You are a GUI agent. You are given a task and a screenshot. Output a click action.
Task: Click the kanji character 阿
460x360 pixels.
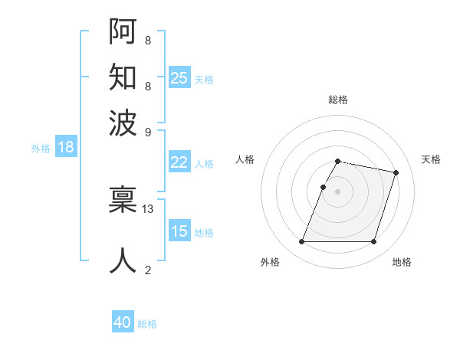pos(123,33)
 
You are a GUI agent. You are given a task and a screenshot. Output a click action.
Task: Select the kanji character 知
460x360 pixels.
pos(123,77)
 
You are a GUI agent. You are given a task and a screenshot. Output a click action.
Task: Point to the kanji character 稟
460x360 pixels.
pos(123,200)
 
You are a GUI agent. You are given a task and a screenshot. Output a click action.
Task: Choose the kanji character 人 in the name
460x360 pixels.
pos(123,260)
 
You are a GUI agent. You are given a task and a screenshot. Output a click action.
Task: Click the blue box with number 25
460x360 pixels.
pos(179,77)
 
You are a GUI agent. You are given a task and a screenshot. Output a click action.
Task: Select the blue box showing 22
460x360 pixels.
pos(179,162)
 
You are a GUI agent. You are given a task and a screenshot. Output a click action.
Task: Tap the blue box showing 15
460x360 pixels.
pos(179,231)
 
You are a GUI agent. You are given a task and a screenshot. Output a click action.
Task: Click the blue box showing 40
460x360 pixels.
pos(123,322)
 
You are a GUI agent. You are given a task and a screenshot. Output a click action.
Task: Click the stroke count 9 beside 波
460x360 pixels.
pos(148,131)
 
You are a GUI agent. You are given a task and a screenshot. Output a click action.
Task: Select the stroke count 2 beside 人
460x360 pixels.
pos(148,270)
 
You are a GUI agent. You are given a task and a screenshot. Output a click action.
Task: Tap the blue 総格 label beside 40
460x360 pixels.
pos(147,324)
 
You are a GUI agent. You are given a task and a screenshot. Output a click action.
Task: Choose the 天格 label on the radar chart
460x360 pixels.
pos(431,159)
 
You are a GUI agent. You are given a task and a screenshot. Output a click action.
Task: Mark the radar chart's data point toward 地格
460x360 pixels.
pos(373,242)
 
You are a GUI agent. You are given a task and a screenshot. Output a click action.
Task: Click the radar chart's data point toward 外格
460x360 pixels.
pos(301,242)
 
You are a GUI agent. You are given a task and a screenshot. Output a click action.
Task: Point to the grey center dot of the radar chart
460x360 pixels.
pos(337,191)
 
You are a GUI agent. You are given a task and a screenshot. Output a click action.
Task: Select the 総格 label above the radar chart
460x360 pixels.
pos(337,100)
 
